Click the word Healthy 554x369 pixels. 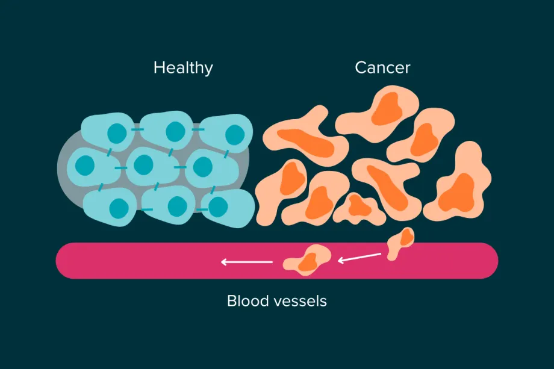click(183, 67)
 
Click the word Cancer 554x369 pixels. click(382, 67)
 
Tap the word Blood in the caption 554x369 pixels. click(247, 300)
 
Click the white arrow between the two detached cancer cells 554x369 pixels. click(359, 258)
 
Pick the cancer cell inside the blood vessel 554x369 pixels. click(308, 259)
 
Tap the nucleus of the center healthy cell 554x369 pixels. click(144, 164)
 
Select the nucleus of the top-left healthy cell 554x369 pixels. click(117, 132)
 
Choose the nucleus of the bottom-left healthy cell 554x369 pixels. click(117, 208)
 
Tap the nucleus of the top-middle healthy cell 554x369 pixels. click(175, 131)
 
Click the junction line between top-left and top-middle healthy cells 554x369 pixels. click(138, 129)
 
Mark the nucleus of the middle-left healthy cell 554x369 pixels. click(85, 164)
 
